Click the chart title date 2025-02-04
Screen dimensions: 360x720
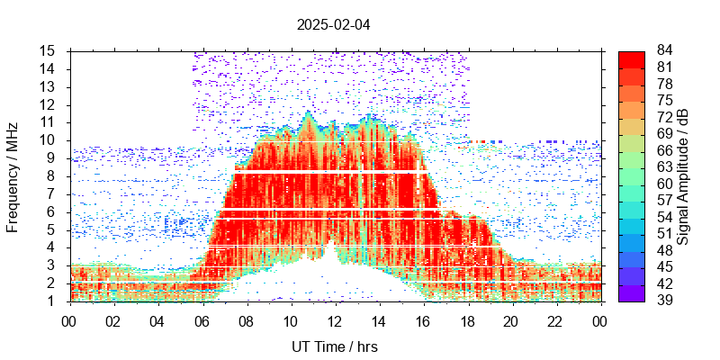333,24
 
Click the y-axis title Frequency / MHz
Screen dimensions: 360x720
13,176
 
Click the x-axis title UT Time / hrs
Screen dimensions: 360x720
335,346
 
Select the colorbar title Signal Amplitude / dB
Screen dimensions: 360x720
683,176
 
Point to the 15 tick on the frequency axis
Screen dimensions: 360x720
48,50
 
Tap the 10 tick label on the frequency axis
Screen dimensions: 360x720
48,140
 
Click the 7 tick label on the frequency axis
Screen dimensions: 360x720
51,193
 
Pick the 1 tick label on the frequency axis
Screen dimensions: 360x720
51,301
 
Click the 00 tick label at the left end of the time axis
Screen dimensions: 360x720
69,321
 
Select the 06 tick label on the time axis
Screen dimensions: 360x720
202,321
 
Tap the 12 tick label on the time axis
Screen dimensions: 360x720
335,321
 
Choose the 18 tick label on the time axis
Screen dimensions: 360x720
467,321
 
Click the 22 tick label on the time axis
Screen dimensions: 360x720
555,321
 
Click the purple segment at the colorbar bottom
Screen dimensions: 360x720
632,292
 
